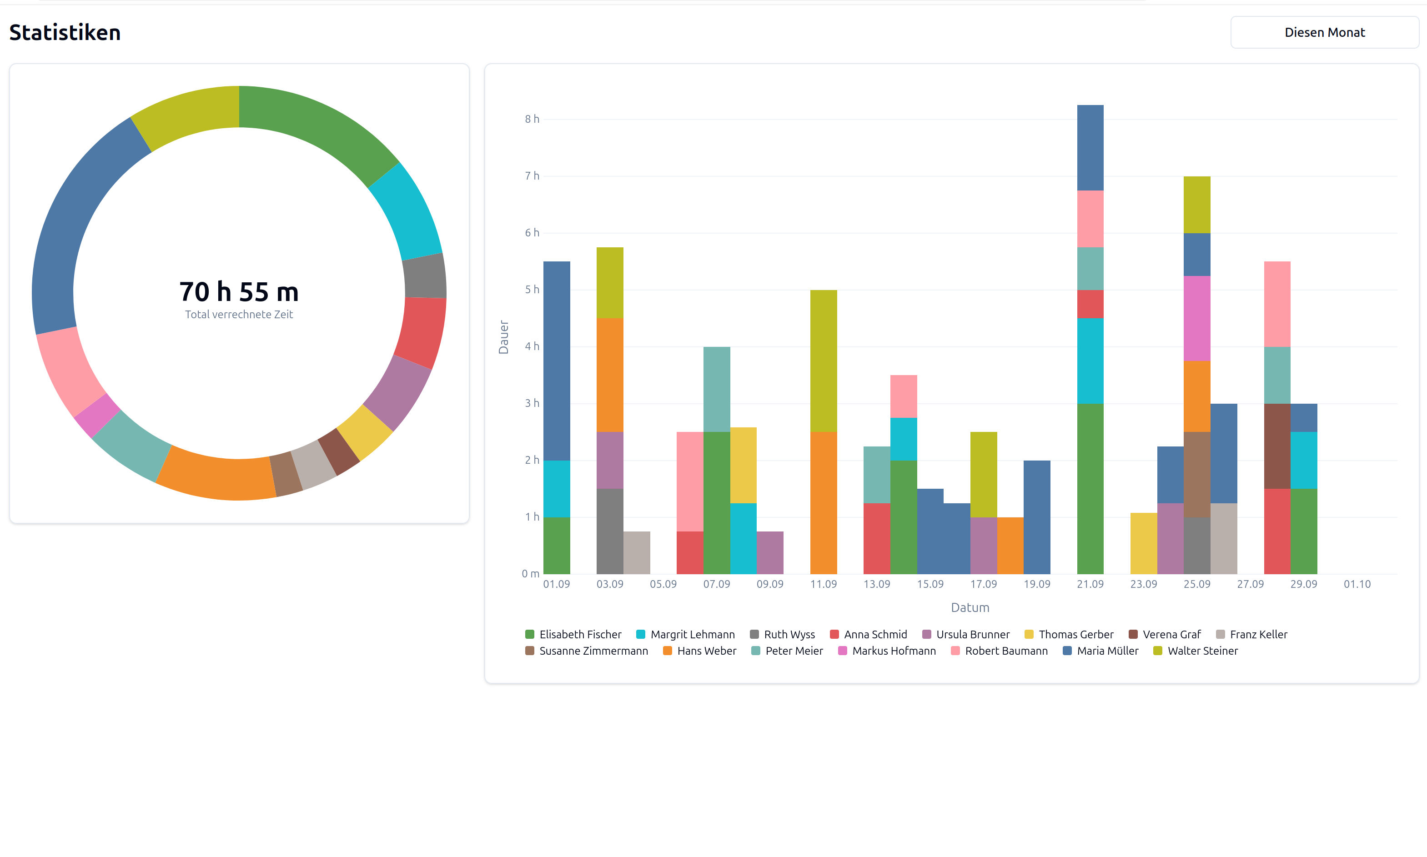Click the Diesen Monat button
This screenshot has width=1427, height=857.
point(1324,32)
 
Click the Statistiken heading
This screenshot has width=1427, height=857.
point(65,32)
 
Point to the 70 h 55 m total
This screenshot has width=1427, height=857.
point(238,291)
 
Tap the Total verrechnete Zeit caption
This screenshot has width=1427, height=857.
point(238,315)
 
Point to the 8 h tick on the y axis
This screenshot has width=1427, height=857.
point(531,119)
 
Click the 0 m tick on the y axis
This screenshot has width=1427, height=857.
point(530,573)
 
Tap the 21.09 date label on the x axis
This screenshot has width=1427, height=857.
point(1090,584)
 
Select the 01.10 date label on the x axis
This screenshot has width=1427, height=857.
point(1357,584)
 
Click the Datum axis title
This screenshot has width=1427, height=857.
point(970,607)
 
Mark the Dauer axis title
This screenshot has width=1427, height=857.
point(503,337)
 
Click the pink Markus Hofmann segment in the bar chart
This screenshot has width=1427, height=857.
point(1196,318)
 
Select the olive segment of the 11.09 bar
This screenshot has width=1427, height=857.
point(823,361)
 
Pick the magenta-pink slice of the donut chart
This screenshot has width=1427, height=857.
point(96,415)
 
